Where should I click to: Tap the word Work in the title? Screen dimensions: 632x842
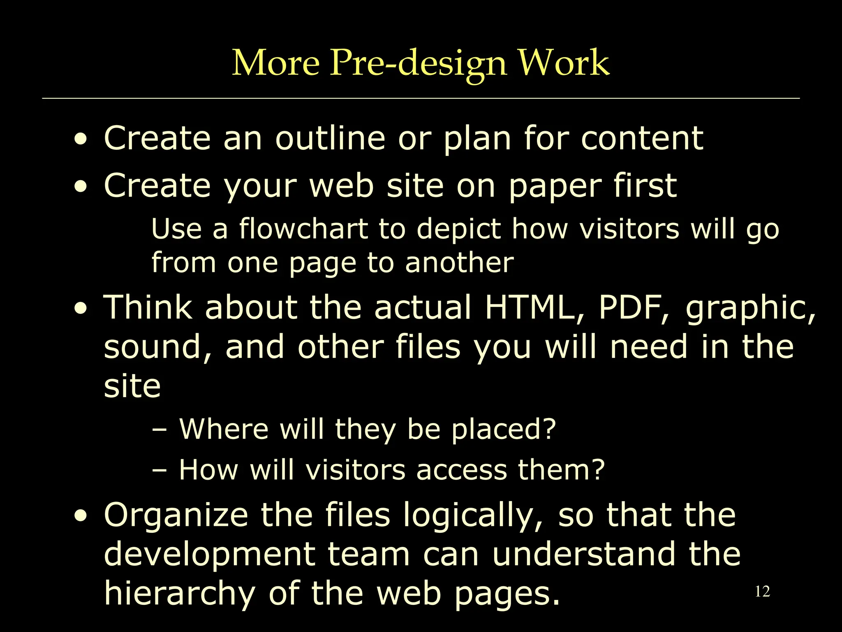[563, 63]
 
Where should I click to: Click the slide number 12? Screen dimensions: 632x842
[762, 592]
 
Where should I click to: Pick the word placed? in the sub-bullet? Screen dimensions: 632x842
[504, 430]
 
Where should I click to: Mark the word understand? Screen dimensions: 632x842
[584, 554]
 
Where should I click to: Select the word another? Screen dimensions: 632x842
[459, 263]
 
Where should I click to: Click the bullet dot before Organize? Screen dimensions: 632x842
[81, 516]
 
